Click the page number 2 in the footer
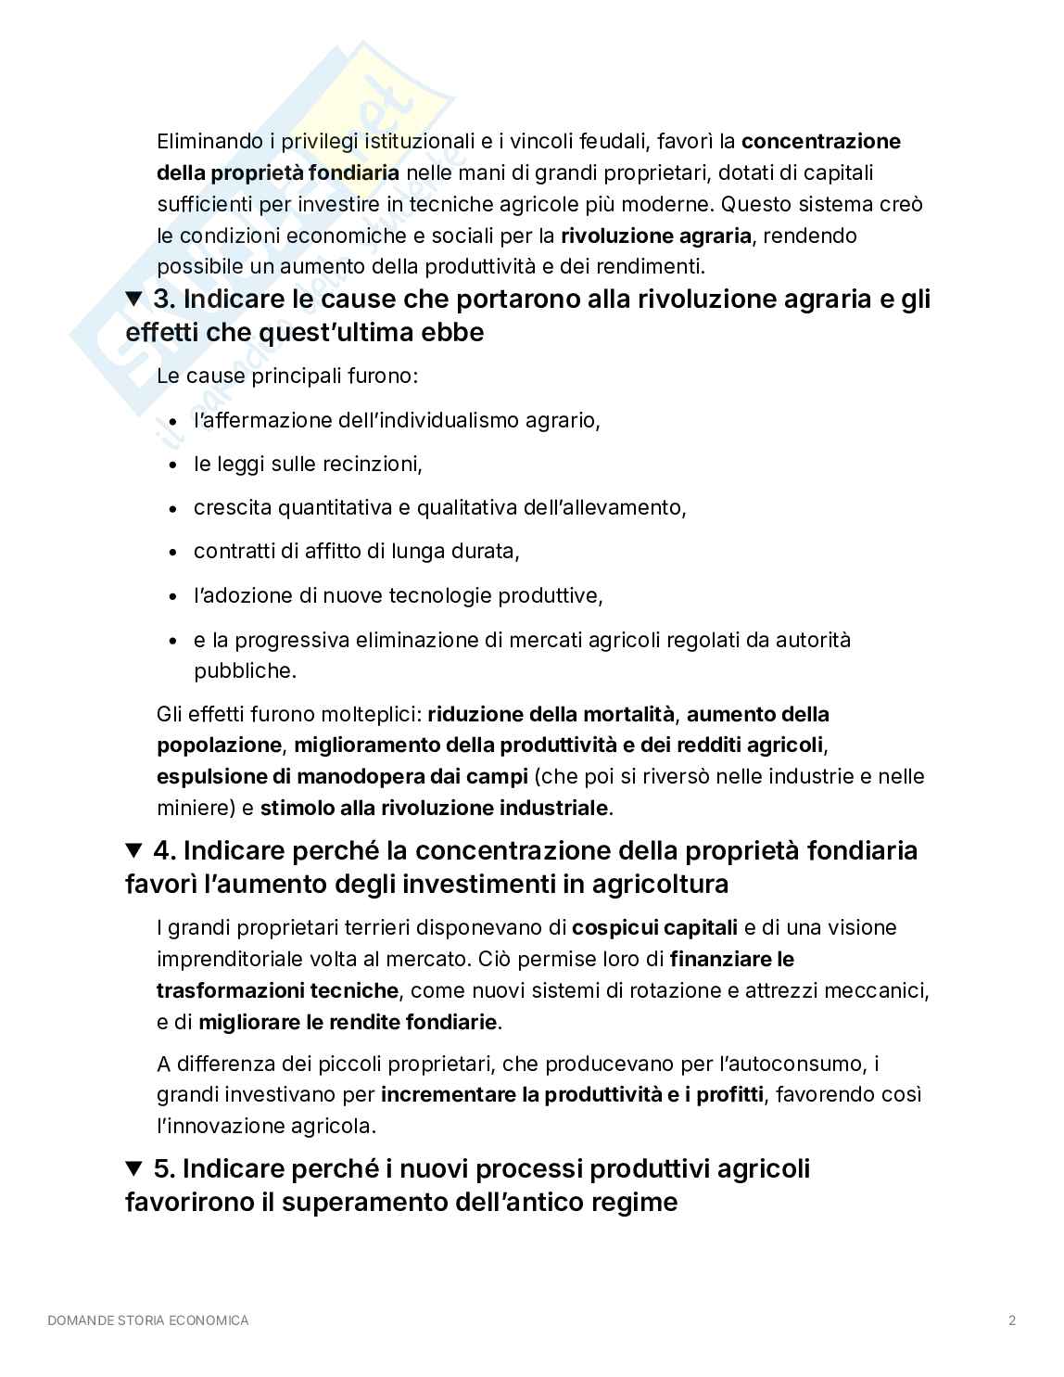pos(1012,1320)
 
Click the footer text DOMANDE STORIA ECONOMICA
pos(148,1320)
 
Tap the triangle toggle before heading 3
pos(135,300)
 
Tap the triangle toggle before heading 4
pos(135,850)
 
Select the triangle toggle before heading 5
pos(135,1168)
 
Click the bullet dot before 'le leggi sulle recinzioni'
pos(173,465)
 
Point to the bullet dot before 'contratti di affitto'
pos(173,553)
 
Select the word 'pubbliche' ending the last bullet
pos(244,670)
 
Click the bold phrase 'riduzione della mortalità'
pos(551,714)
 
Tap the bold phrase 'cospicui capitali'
pos(655,927)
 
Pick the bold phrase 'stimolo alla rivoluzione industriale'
pos(434,808)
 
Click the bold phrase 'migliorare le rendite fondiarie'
pos(348,1023)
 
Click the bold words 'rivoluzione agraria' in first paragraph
pos(656,236)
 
